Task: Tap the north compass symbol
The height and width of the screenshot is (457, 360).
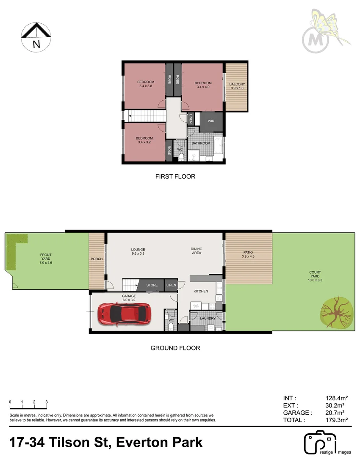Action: tap(36, 37)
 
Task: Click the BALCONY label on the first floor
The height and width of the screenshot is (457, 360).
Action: tap(237, 84)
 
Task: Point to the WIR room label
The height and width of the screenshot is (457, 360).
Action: tap(210, 121)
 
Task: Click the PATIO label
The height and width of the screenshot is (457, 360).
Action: tap(248, 252)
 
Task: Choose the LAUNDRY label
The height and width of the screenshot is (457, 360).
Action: tap(208, 319)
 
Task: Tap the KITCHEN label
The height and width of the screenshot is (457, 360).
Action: tap(201, 292)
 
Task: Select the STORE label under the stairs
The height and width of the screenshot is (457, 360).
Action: tap(152, 286)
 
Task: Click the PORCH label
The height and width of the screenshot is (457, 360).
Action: tap(97, 259)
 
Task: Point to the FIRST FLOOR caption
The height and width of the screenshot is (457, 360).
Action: tap(175, 176)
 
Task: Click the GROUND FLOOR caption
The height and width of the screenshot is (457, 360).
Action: tap(175, 348)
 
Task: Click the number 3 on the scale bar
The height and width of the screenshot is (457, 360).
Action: tap(47, 402)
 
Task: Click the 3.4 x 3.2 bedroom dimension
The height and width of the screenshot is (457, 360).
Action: tap(144, 143)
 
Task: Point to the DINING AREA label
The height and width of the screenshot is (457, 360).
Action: tap(197, 251)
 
